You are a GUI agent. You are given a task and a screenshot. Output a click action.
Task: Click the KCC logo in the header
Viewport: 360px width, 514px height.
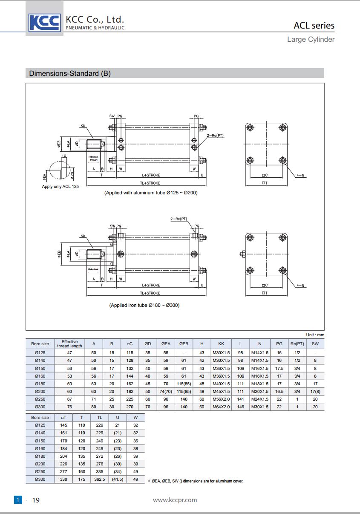click(x=44, y=22)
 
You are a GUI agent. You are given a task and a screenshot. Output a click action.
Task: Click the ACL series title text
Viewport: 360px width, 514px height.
click(x=314, y=26)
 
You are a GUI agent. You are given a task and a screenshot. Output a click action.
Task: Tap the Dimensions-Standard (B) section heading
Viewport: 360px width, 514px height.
click(x=70, y=73)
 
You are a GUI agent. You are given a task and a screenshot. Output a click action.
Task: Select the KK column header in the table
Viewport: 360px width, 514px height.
click(x=221, y=344)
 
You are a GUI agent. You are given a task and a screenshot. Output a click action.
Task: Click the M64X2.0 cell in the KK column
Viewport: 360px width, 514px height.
click(x=221, y=407)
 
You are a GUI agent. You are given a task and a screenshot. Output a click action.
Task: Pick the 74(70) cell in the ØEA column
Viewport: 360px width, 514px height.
click(x=166, y=391)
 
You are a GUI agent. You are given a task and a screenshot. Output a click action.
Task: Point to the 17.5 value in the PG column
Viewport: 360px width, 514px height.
click(x=279, y=368)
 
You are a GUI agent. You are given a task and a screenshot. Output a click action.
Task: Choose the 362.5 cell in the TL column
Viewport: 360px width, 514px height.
click(x=99, y=479)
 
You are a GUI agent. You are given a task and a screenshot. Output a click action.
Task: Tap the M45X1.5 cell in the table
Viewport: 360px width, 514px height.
click(x=221, y=391)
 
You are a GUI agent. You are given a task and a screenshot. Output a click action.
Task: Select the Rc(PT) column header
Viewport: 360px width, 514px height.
click(x=297, y=344)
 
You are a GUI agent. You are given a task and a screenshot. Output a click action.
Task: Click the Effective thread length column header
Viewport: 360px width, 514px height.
click(x=69, y=344)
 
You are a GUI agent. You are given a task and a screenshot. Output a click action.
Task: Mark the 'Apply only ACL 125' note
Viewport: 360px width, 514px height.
click(x=60, y=187)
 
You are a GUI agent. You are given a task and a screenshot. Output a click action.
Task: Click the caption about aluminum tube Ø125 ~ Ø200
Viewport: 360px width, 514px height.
click(x=151, y=193)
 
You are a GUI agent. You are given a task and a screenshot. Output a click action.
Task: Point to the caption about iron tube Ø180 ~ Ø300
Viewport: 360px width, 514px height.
click(x=144, y=305)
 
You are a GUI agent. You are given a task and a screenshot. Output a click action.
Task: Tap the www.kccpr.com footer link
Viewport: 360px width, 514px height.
click(x=175, y=500)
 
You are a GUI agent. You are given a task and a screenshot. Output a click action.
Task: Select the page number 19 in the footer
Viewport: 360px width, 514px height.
click(x=36, y=500)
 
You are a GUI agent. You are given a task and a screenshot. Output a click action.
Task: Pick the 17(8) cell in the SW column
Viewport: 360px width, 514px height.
click(x=315, y=391)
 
